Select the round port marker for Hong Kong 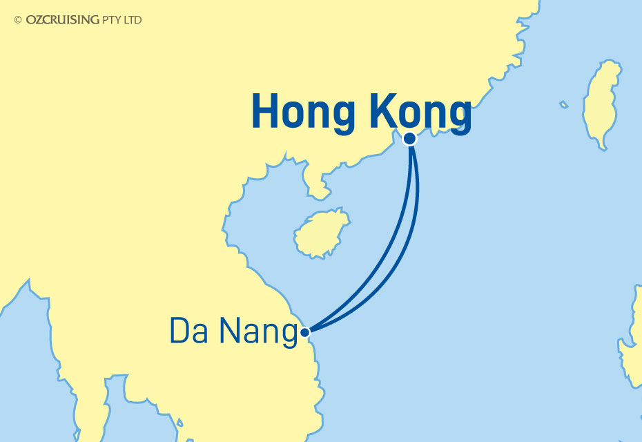click(409, 138)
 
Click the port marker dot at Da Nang click(305, 332)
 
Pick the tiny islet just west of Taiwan click(564, 105)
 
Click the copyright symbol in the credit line click(18, 20)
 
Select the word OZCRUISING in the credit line click(62, 20)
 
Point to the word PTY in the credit click(113, 20)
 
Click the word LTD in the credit click(133, 20)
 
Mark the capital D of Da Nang click(179, 332)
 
